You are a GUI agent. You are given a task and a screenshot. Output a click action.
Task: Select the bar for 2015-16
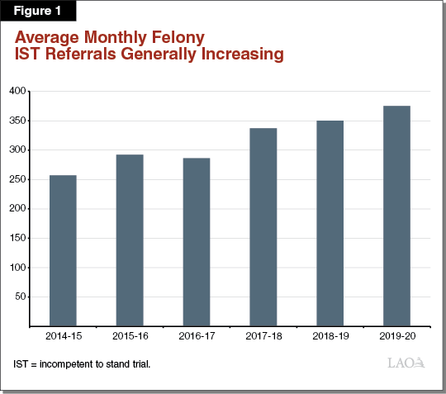[x=130, y=240]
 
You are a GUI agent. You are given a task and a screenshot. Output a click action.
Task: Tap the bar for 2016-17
[x=196, y=241]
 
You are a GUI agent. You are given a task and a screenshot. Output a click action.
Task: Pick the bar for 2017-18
[x=263, y=226]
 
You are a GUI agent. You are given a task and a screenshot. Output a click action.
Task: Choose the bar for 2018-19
[x=330, y=223]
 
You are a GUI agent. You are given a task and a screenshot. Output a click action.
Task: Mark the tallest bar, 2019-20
[x=396, y=216]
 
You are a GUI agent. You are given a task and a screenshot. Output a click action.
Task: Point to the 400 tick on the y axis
[x=17, y=91]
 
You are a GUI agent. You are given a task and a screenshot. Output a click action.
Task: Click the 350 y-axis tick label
[x=17, y=121]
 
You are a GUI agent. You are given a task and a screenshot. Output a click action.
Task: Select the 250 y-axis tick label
[x=17, y=179]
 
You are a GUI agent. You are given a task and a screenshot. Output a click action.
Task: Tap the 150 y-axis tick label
[x=17, y=238]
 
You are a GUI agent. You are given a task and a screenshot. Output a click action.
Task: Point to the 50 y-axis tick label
[x=19, y=297]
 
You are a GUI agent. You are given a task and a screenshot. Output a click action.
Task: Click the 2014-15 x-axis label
[x=63, y=338]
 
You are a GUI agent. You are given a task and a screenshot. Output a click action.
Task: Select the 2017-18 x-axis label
[x=263, y=338]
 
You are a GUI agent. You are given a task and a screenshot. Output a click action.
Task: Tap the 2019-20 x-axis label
[x=396, y=338]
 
